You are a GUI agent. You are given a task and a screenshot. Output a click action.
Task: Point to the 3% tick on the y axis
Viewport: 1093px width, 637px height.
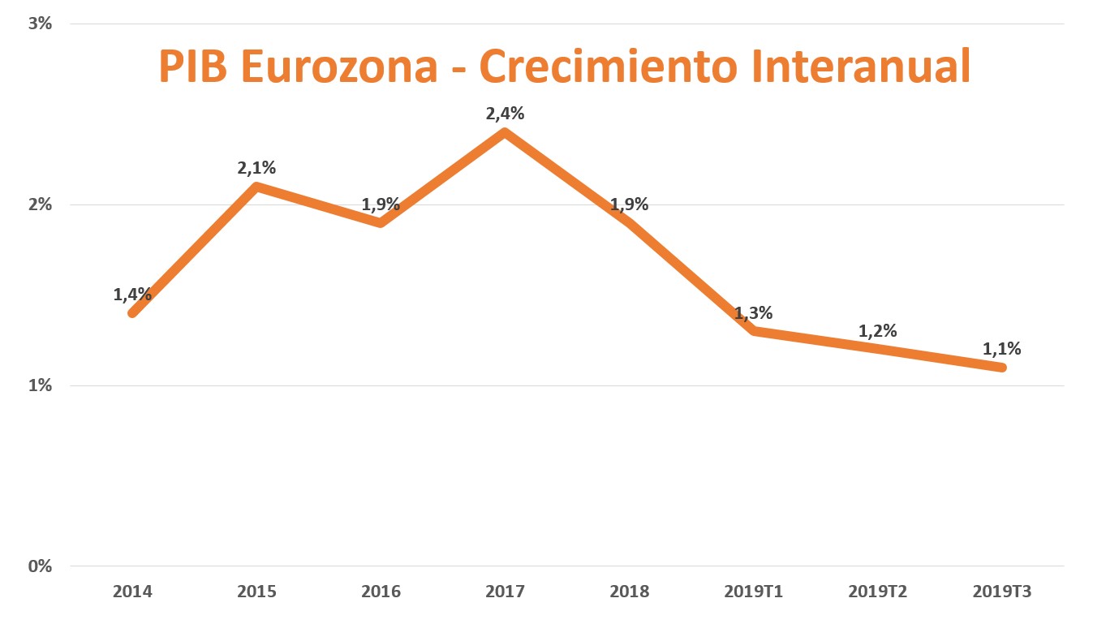tap(40, 24)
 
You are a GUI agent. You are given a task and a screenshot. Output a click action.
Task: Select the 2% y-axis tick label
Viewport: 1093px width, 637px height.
tap(40, 204)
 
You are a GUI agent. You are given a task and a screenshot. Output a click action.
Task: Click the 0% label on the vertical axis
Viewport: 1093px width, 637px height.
tap(40, 566)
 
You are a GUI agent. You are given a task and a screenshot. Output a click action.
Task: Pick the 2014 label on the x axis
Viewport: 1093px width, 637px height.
tap(132, 592)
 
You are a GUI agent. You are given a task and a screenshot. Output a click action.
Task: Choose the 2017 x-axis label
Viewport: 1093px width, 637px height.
tap(505, 592)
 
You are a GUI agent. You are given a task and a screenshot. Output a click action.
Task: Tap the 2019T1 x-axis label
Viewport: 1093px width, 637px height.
tap(753, 592)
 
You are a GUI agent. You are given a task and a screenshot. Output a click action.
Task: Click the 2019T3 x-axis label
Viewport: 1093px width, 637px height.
tap(1001, 592)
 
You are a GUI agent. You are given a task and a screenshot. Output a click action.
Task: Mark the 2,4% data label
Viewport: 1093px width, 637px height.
tap(505, 114)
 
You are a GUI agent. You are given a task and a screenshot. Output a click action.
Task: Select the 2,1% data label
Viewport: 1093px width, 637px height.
tap(256, 168)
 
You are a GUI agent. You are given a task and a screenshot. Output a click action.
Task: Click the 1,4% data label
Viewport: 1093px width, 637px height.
tap(132, 295)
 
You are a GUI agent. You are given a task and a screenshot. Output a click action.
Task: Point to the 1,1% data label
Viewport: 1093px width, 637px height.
tap(1001, 349)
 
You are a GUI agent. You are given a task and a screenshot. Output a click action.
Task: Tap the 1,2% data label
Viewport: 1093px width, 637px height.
tap(877, 331)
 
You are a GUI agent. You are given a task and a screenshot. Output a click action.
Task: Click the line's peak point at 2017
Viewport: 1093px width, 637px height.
tap(505, 132)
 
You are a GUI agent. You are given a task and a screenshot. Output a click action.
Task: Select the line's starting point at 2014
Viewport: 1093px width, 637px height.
tap(132, 312)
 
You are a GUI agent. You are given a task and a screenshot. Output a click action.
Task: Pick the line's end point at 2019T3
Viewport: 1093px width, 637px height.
tap(1001, 367)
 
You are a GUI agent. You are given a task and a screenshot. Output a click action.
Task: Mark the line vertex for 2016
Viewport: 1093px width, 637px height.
tap(381, 222)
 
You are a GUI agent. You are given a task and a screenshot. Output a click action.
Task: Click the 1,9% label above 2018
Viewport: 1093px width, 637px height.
tap(629, 204)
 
